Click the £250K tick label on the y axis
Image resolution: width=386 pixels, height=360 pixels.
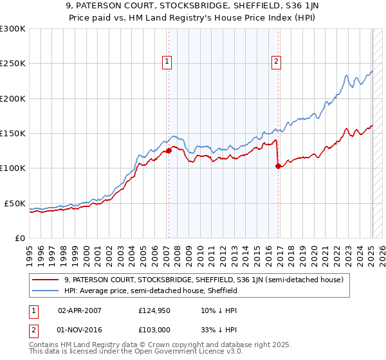(x=12, y=64)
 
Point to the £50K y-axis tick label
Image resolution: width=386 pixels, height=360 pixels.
(x=15, y=203)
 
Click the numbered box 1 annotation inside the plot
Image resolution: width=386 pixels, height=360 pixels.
(x=167, y=62)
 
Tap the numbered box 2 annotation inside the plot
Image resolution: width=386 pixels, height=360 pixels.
(x=276, y=62)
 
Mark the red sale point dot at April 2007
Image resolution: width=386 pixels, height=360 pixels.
(x=169, y=151)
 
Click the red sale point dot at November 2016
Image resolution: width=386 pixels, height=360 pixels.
(x=278, y=166)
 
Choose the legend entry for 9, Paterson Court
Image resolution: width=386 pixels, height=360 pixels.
(x=204, y=280)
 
